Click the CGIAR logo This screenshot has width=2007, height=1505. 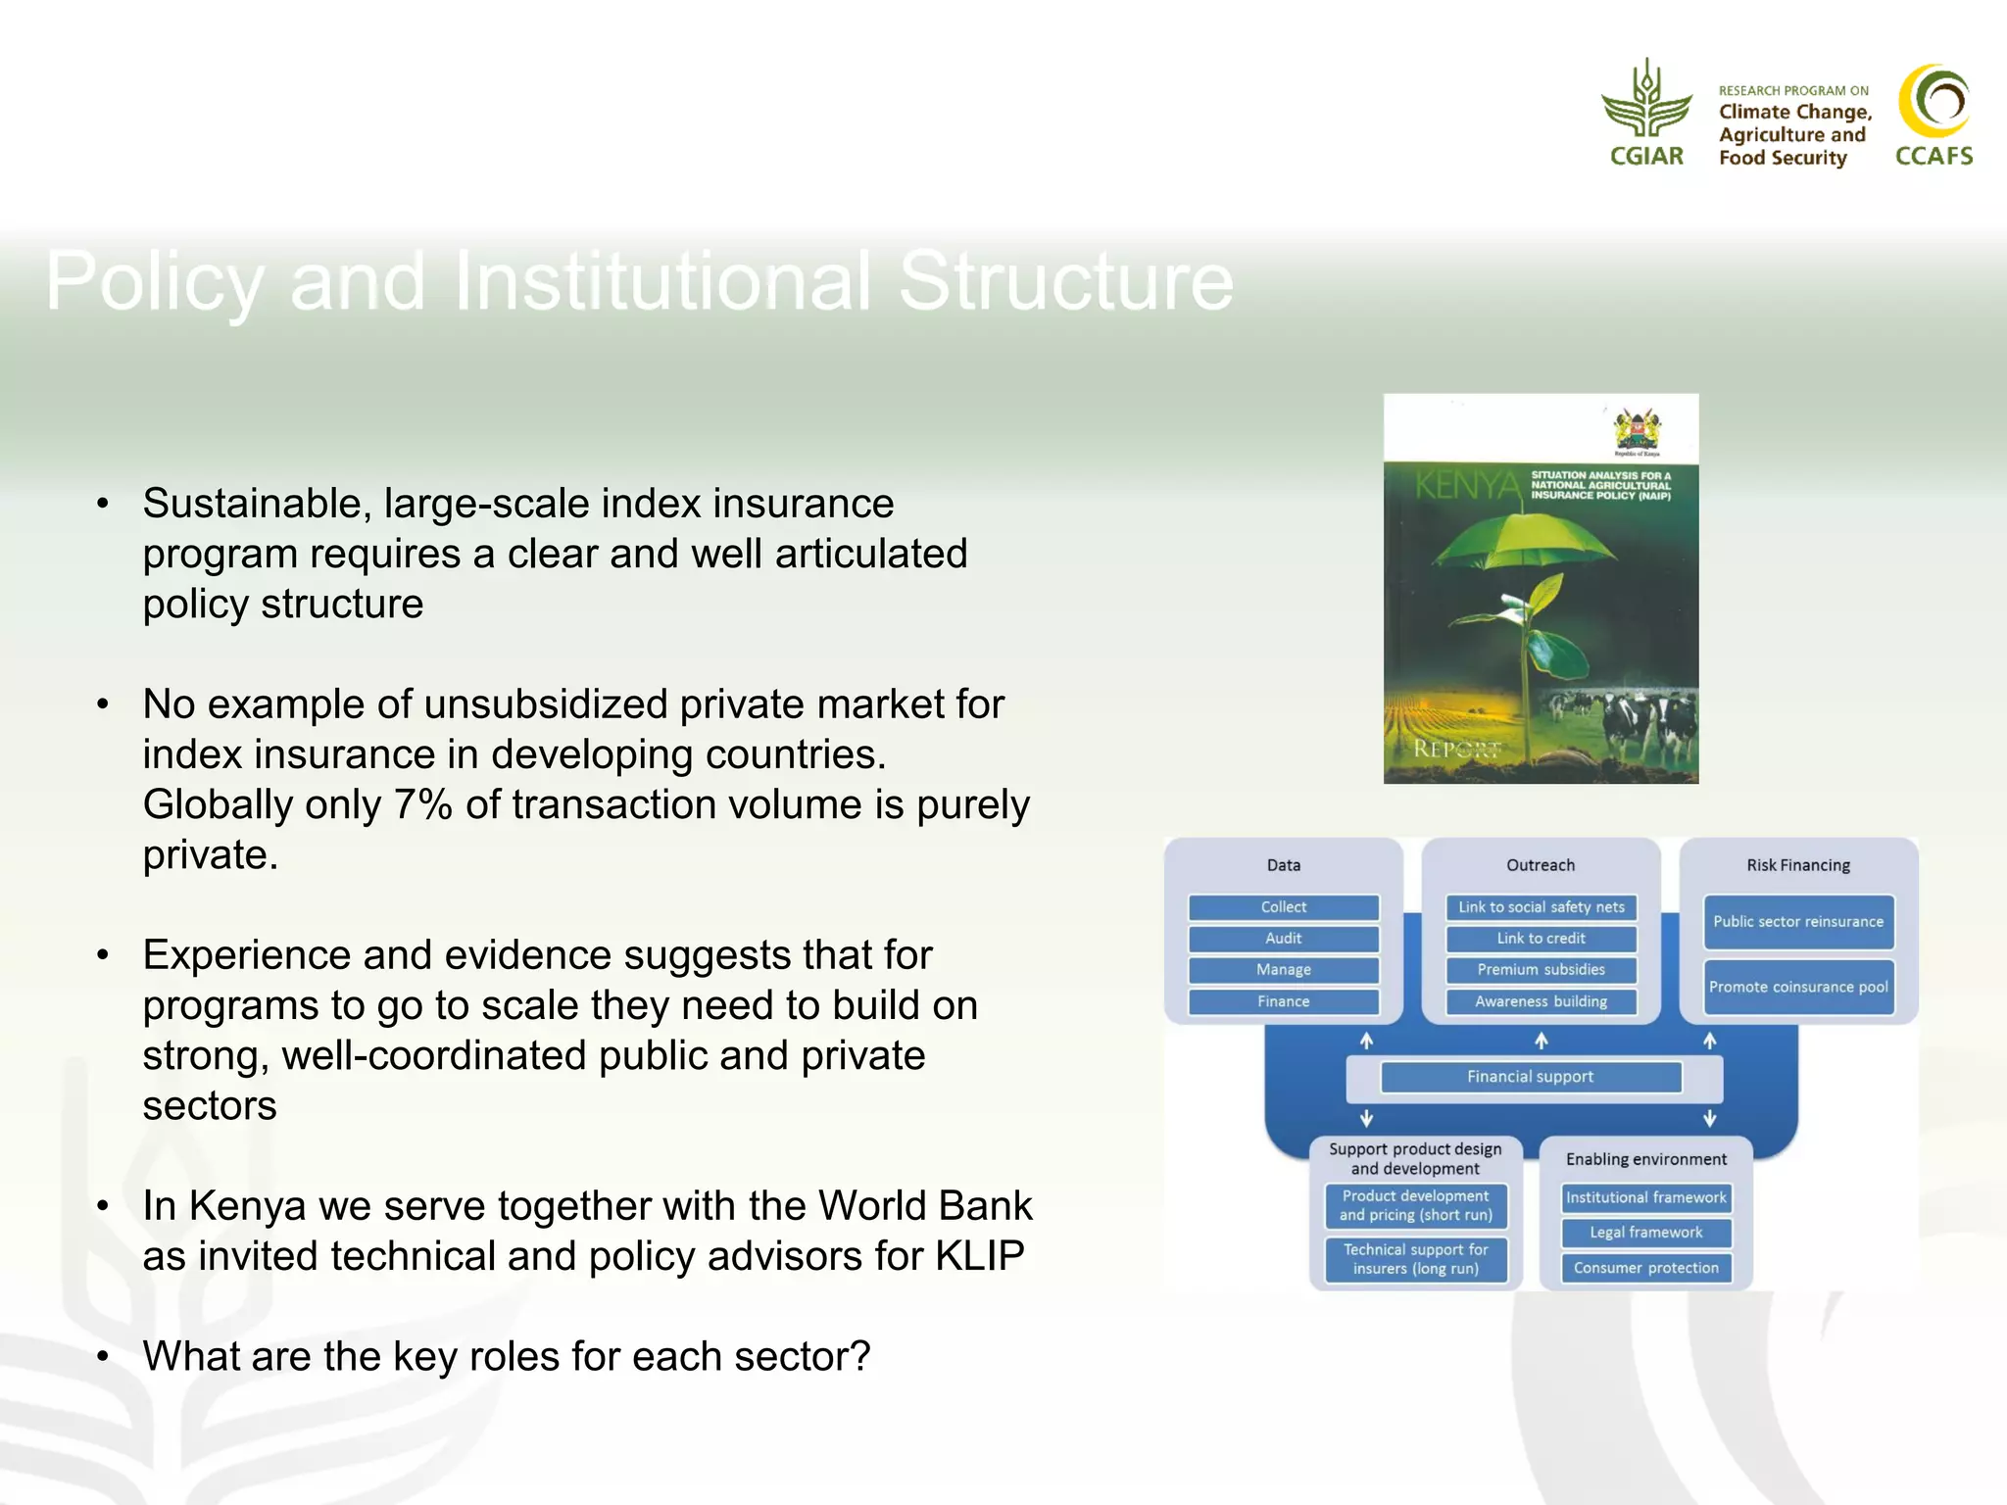1646,113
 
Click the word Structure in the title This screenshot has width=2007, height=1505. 1065,282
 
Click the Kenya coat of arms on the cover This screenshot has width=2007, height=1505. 1637,430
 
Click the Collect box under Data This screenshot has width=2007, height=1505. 1283,907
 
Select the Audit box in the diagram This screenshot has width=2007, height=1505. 1283,939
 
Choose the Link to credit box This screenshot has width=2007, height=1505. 1541,939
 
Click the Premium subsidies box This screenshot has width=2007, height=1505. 1541,970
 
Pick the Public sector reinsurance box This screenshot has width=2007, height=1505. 1797,922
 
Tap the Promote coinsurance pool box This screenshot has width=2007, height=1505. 1797,988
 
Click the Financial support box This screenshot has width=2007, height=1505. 1530,1077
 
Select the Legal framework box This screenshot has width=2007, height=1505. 1645,1233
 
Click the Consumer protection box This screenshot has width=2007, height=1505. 1645,1268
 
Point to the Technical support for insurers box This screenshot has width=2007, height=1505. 1415,1259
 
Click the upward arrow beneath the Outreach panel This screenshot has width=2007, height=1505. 1541,1041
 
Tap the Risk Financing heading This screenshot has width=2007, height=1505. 1797,865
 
